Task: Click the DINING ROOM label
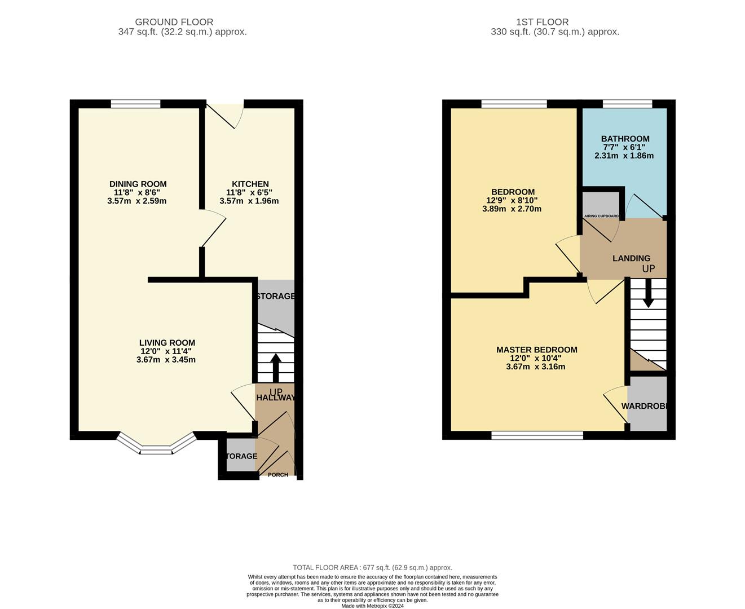[138, 184]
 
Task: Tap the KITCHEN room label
[250, 184]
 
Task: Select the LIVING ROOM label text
[167, 343]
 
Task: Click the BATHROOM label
[625, 139]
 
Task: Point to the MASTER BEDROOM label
[536, 350]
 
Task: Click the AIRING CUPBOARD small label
[601, 216]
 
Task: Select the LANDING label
[631, 258]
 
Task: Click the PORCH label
[277, 475]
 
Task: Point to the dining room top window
[135, 103]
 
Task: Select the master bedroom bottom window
[537, 435]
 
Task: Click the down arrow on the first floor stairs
[648, 293]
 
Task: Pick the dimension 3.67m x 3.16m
[535, 367]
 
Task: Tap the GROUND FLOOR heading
[174, 22]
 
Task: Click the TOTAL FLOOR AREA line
[372, 567]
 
